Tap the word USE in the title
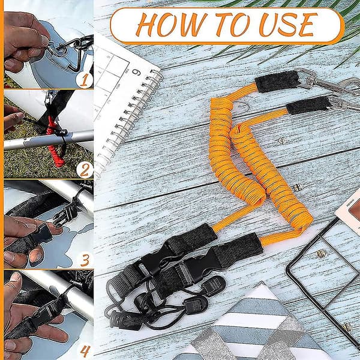pos(288,25)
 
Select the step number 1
pos(84,80)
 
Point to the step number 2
pos(84,170)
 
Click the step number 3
pos(85,260)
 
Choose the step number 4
pos(85,350)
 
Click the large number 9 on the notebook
pos(136,73)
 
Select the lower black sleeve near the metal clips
pos(309,105)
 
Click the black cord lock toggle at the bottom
pos(122,320)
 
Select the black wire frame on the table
pos(322,275)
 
